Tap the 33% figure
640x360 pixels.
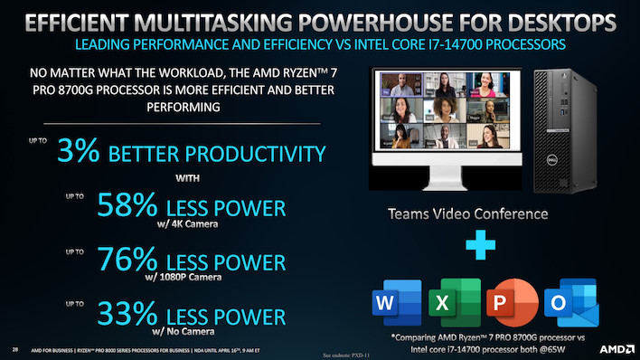click(101, 317)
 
